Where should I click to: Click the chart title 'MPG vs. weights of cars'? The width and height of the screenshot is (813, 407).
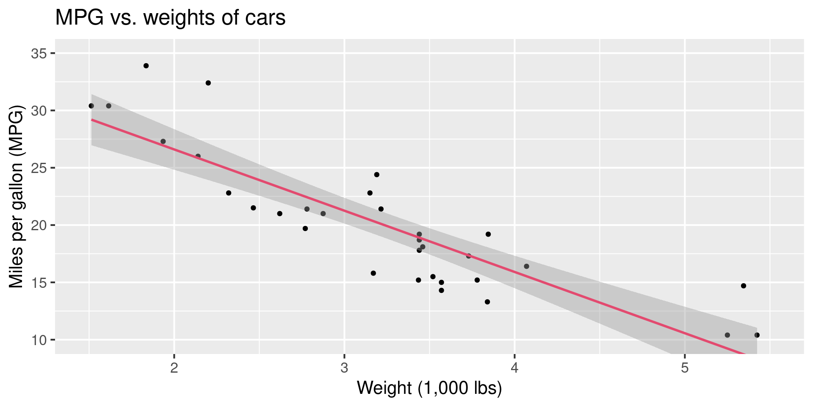pos(170,18)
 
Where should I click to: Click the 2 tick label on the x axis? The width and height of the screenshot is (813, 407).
pos(174,367)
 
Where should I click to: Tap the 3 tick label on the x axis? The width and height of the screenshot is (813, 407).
pos(344,367)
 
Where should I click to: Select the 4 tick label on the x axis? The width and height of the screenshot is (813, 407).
pos(514,367)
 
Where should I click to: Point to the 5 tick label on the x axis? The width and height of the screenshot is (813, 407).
pos(685,367)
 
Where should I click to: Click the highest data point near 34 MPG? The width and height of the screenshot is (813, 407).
pos(146,66)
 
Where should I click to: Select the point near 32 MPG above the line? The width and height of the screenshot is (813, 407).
pos(208,83)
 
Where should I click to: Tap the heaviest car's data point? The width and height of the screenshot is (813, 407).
pos(757,335)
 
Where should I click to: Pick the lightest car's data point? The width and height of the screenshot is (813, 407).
pos(91,106)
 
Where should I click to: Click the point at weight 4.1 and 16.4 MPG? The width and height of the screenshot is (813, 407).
pos(526,266)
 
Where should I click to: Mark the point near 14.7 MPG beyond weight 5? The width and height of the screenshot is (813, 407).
pos(743,286)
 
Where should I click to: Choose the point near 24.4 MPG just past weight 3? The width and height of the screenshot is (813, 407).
pos(376,175)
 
